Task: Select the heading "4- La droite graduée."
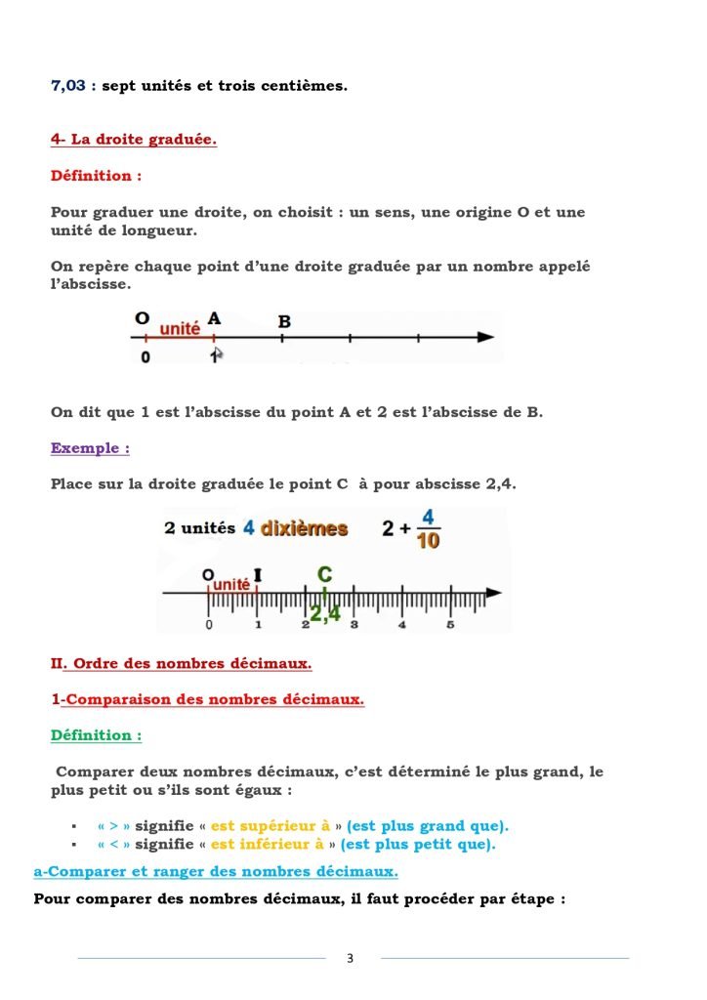(134, 140)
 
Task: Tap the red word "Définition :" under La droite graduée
(96, 176)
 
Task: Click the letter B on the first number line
(284, 321)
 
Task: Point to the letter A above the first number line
(215, 318)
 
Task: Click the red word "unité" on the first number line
(180, 329)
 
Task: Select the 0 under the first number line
(146, 357)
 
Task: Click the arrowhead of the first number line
(484, 337)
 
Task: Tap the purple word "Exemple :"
(90, 448)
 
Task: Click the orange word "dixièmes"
(304, 528)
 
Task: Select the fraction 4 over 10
(428, 528)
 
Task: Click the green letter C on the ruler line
(325, 574)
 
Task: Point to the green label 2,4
(324, 613)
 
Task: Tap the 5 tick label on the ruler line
(450, 624)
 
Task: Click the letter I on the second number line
(257, 574)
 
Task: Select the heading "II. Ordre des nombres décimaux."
(182, 664)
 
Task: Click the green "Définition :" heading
(96, 735)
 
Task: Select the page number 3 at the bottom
(351, 958)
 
